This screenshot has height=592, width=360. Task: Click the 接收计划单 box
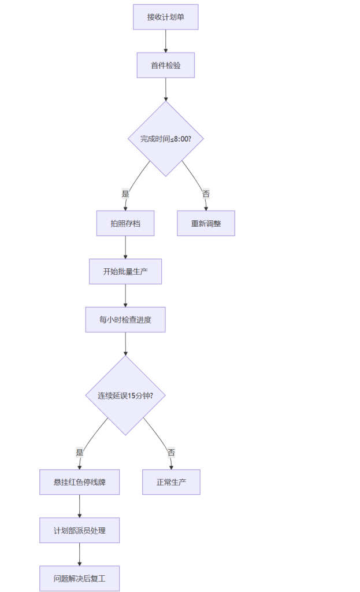click(x=166, y=17)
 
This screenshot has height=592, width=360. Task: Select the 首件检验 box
click(x=166, y=65)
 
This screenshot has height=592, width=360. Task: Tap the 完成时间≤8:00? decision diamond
click(x=166, y=139)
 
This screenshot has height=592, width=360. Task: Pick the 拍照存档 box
click(x=125, y=224)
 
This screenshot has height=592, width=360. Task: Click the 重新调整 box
click(x=206, y=224)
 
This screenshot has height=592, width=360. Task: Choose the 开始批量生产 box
click(x=125, y=272)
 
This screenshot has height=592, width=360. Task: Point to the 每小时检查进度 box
click(x=125, y=320)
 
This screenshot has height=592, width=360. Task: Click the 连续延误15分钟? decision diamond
click(x=125, y=395)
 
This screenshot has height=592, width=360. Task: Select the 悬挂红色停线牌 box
click(x=80, y=482)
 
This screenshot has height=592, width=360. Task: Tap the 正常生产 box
click(x=171, y=482)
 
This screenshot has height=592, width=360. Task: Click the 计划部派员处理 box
click(x=80, y=531)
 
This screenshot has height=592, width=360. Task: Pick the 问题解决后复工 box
click(x=80, y=578)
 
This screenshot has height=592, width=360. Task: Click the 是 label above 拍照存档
click(x=125, y=194)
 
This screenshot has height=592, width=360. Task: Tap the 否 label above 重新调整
click(x=206, y=194)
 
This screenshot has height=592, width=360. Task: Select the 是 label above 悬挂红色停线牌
click(x=80, y=452)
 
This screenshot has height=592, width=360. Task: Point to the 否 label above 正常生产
click(x=171, y=452)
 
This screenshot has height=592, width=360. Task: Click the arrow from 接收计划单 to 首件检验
click(x=166, y=41)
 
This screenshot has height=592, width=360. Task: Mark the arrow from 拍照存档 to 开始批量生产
click(x=125, y=247)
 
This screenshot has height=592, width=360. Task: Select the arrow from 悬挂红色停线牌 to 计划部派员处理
click(x=80, y=506)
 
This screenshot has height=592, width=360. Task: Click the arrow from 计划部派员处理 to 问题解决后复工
click(x=80, y=554)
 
